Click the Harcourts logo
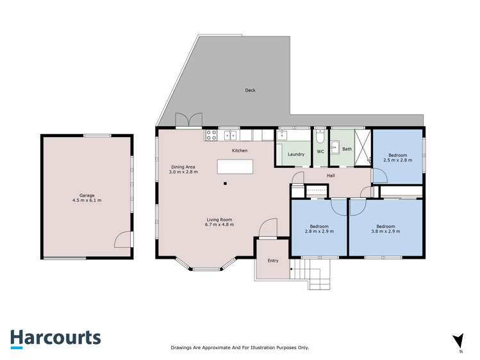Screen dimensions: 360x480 coord(55,338)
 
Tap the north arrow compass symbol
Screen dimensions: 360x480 coord(458,342)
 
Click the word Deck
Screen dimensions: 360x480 coord(250,90)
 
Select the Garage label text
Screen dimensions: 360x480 coord(87,198)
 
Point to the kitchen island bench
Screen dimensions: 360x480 coord(235,167)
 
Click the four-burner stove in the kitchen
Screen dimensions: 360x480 coord(211,135)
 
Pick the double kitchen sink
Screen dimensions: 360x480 coord(229,135)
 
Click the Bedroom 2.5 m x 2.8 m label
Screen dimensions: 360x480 coord(397,158)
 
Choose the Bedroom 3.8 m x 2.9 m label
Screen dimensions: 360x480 coord(385,229)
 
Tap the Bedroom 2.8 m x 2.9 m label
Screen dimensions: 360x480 coord(319,229)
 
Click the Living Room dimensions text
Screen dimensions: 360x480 coord(219,225)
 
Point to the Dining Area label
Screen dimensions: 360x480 coord(183,169)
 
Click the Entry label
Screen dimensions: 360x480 coord(273,261)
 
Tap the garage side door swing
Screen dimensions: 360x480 coord(122,240)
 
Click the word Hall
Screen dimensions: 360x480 coord(331,175)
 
